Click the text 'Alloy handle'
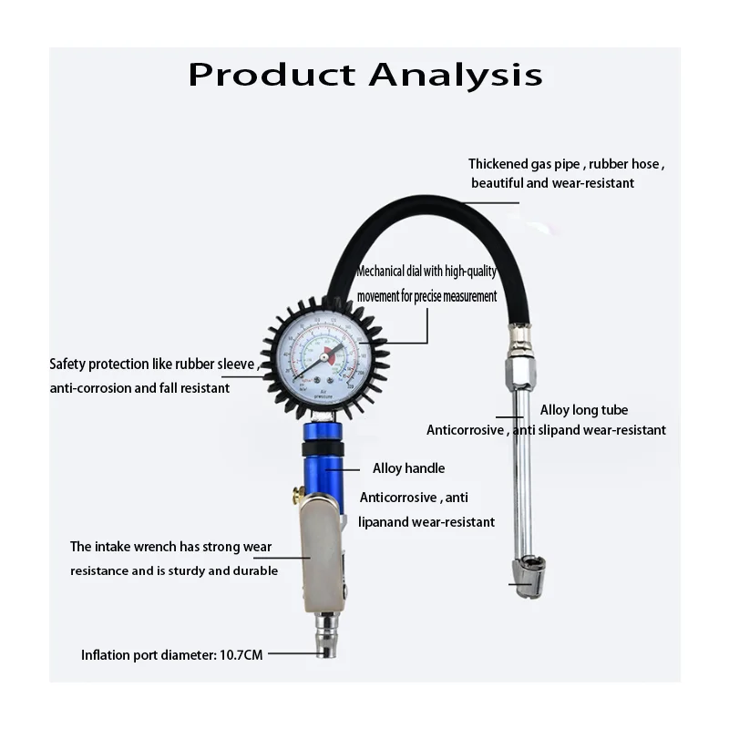pos(408,468)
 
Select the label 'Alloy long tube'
pos(583,410)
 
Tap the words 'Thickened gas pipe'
pos(526,164)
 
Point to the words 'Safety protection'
pos(98,364)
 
